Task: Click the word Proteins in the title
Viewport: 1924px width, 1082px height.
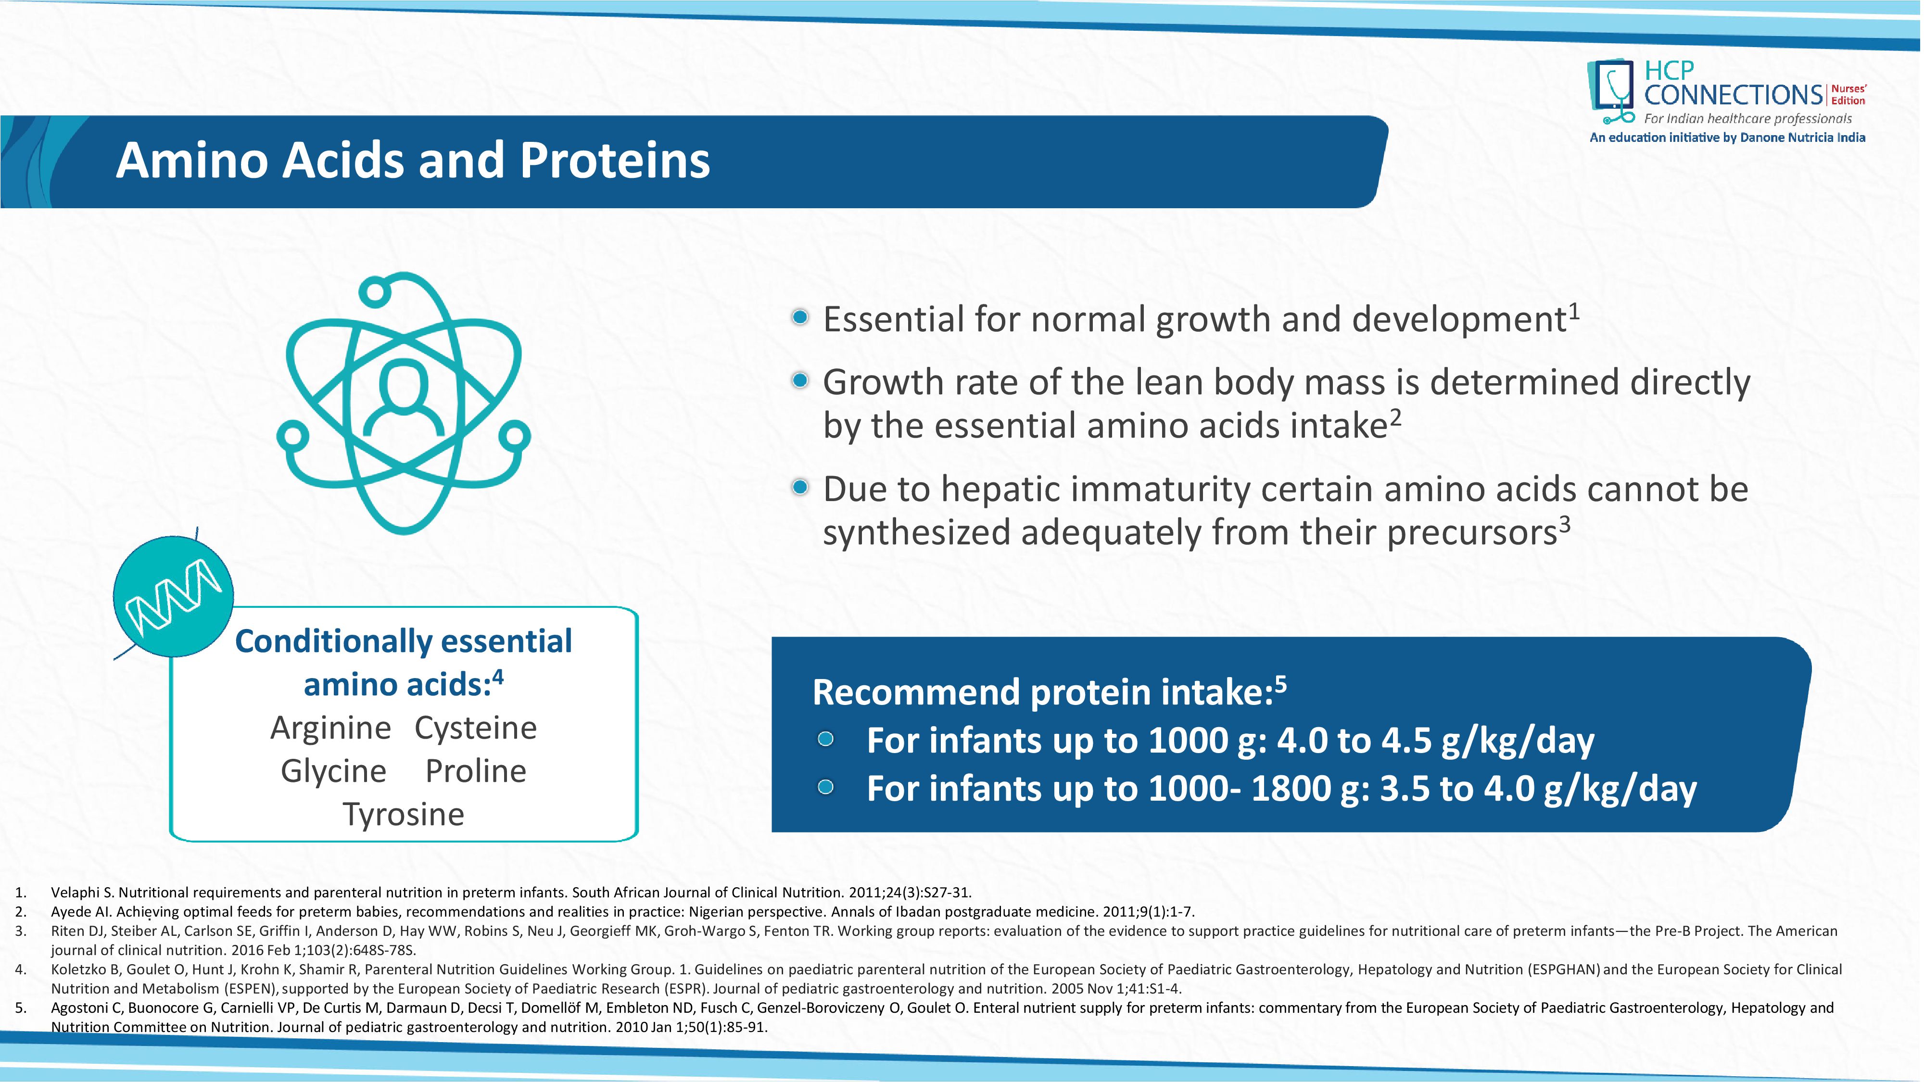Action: (615, 161)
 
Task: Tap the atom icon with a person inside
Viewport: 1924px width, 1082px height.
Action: (404, 403)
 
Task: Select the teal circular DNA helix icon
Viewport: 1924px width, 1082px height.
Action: (173, 596)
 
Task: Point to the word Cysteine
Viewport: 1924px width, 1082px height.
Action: (476, 728)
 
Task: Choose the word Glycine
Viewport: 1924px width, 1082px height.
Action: (333, 771)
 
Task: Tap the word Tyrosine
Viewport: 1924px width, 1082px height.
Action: (404, 815)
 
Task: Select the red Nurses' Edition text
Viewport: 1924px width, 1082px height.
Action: (1848, 95)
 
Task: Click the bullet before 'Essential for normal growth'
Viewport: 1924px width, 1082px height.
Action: (800, 317)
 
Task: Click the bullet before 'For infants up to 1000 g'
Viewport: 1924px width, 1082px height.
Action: (825, 739)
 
